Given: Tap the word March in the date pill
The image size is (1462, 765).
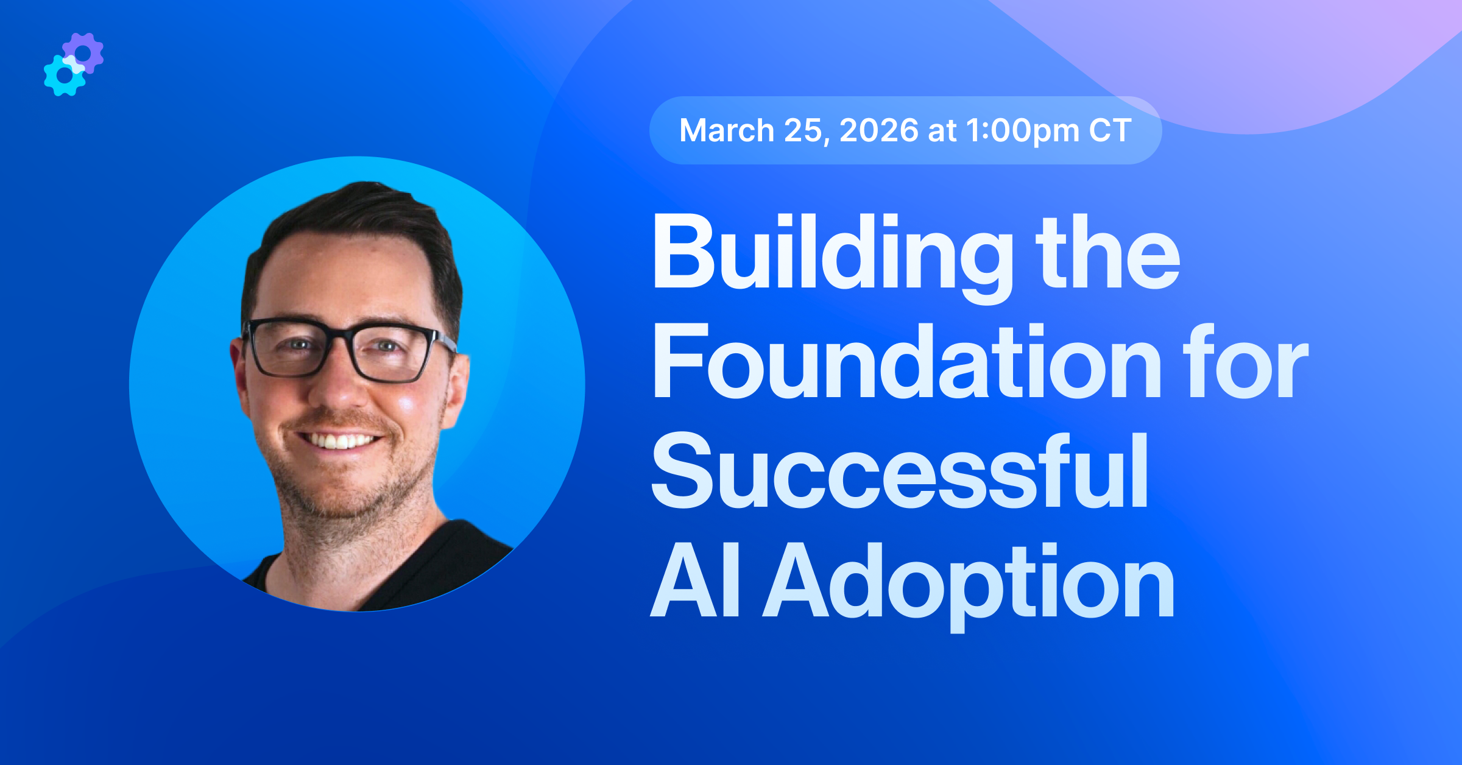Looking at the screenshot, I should point(726,130).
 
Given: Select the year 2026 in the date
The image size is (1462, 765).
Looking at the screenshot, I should point(878,130).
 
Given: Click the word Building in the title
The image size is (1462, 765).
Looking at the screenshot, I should point(832,253).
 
